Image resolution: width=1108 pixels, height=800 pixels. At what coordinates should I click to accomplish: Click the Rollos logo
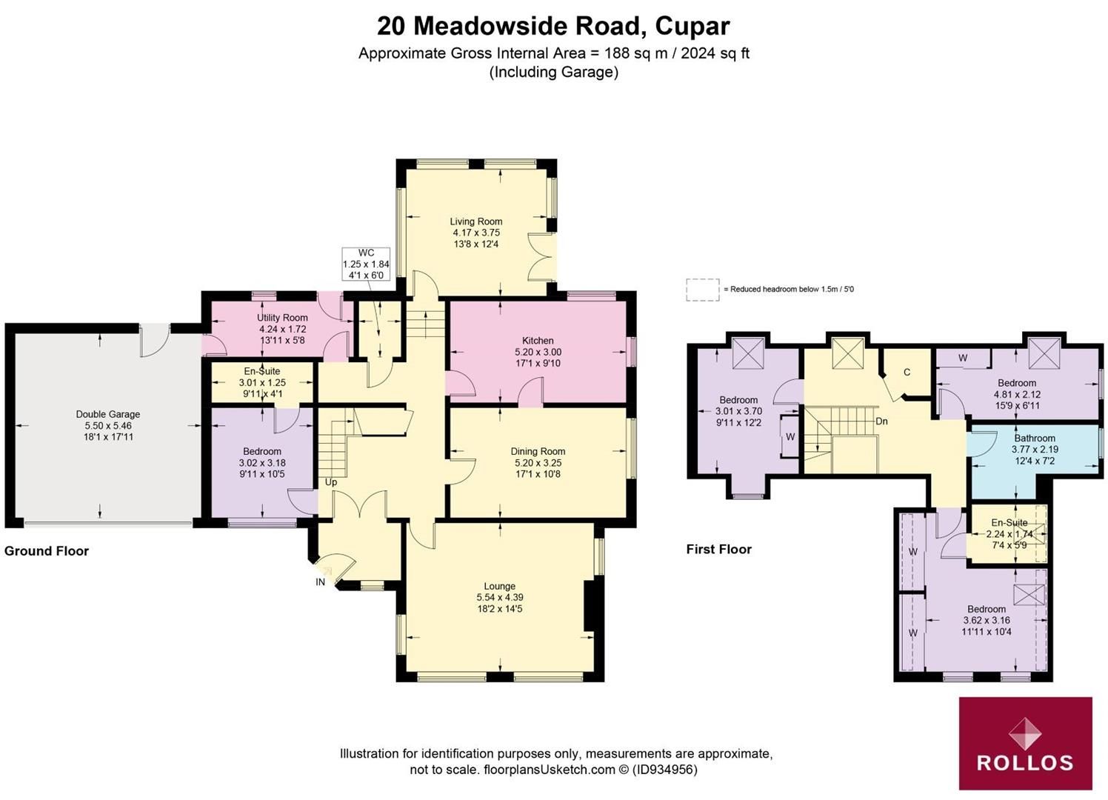tap(1025, 743)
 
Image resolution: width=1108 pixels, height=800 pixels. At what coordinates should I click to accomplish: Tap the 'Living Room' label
tap(475, 221)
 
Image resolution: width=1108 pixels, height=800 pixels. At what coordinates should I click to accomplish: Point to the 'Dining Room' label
tap(538, 451)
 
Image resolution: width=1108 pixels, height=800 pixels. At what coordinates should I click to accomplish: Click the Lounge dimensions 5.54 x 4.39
tap(500, 597)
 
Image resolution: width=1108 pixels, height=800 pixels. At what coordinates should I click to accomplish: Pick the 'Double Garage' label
tap(107, 414)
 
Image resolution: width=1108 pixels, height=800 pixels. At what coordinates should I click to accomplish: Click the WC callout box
tap(365, 264)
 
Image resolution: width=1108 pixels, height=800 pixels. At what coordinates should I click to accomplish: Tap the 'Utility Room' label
tap(282, 318)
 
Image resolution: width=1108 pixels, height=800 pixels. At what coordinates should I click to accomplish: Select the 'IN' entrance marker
tap(320, 582)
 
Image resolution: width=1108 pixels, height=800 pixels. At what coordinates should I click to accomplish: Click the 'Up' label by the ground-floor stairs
tap(330, 482)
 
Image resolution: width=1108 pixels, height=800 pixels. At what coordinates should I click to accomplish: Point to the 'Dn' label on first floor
tap(881, 421)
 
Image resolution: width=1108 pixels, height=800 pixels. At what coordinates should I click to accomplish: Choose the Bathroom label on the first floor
tap(1035, 438)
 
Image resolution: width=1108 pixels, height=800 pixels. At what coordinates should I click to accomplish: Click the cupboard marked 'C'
tap(907, 373)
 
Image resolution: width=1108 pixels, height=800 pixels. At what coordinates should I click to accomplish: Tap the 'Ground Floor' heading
tap(47, 551)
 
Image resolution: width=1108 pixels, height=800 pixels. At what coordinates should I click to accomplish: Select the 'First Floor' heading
tap(718, 549)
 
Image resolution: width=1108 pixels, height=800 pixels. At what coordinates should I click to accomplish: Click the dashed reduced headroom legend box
tap(702, 290)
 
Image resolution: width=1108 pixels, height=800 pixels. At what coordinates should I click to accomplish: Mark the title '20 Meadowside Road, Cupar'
tap(553, 26)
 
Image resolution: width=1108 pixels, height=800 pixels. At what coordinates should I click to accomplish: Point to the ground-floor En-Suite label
tap(262, 371)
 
